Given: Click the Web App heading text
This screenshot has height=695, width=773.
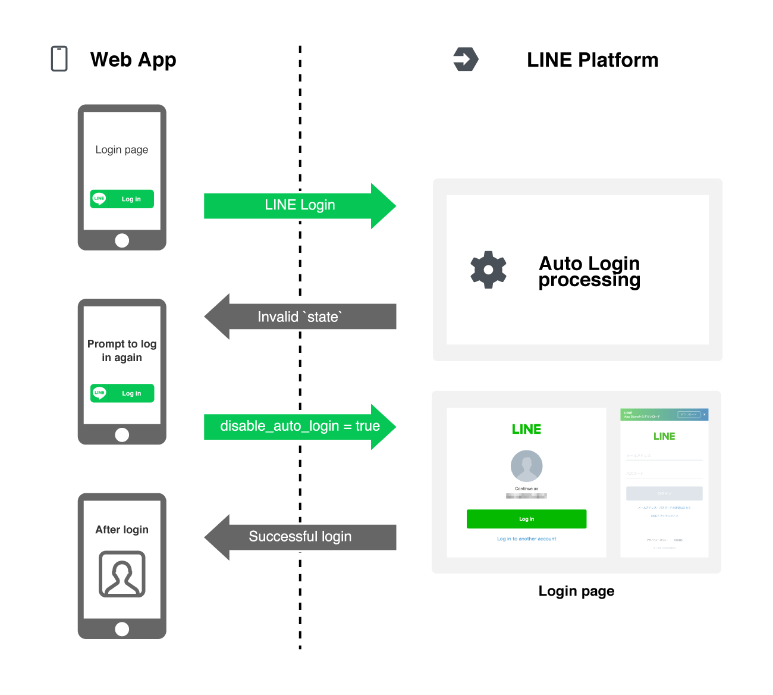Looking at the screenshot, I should pos(133,60).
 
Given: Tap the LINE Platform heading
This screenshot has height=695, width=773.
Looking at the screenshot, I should pos(592,60).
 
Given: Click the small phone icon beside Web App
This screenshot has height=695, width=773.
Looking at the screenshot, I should pos(59,59).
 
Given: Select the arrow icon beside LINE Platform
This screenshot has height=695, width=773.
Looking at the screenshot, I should pos(466,60).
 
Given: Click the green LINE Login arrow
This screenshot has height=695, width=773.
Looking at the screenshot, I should pos(300,205).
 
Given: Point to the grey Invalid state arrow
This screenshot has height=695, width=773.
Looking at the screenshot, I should pos(300,317).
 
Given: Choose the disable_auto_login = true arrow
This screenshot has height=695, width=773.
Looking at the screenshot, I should pos(300,426).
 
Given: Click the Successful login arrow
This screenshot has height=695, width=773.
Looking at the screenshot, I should pos(300,537).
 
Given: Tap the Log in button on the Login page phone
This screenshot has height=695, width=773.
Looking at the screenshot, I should pos(122,199).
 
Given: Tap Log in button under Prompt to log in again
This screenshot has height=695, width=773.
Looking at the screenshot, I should pos(122,393).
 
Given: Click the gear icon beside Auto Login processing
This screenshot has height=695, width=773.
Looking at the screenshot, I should pos(488,270).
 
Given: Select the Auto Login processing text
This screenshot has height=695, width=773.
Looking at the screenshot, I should pos(589,271).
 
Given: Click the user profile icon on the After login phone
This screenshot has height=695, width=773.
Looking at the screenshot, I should pos(122,574).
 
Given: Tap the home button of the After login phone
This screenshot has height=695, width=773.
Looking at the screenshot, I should pos(122,629).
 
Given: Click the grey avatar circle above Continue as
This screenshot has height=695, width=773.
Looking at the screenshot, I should pos(526,466).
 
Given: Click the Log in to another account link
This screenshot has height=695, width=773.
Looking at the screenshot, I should pos(526,539).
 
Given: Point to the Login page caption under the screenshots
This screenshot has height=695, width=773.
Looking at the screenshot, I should pos(576,591).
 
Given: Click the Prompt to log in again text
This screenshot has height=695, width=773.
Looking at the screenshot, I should pos(122,350).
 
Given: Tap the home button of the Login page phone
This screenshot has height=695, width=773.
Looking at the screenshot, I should pos(122,240).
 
